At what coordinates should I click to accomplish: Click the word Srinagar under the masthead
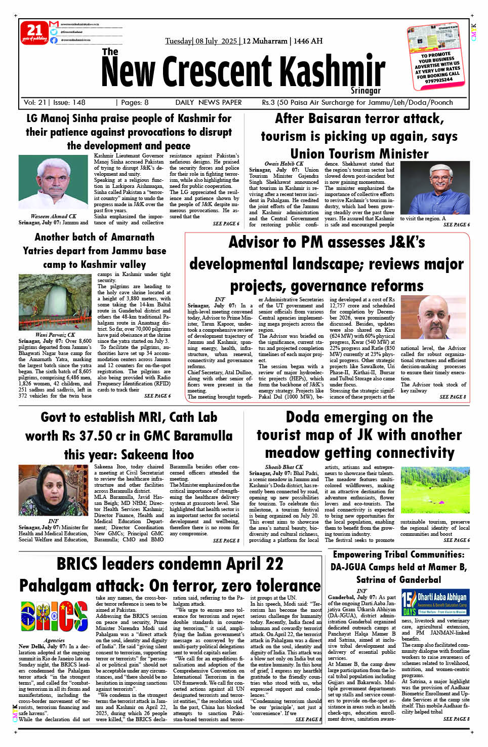point(365,91)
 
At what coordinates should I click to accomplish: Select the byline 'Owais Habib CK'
point(283,164)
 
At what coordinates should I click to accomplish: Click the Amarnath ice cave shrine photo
point(55,302)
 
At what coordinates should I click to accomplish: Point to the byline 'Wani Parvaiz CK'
point(55,335)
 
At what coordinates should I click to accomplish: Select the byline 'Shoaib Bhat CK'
point(283,467)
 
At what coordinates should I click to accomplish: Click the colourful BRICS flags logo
point(54,616)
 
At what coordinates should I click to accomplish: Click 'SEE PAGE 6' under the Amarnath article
point(157,396)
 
